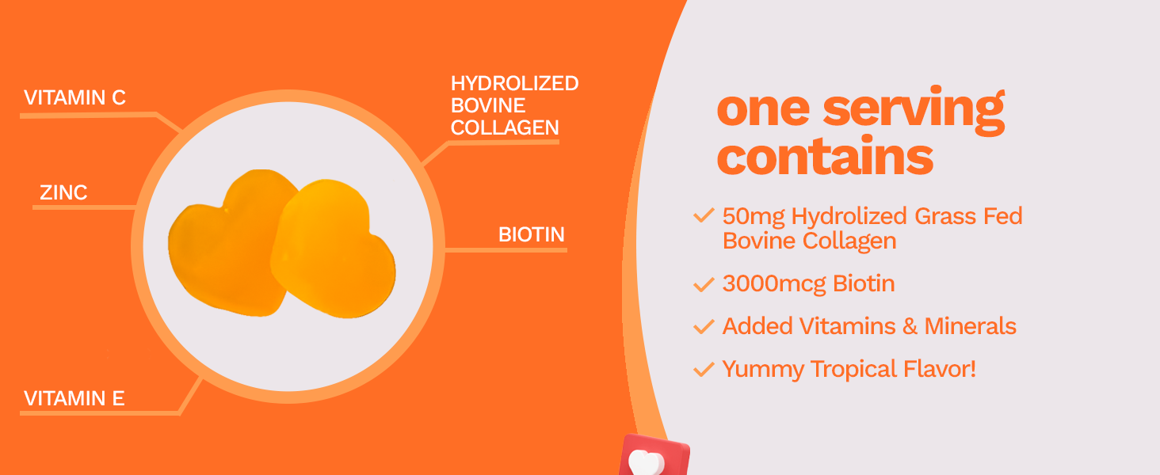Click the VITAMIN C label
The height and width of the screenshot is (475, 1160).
click(74, 98)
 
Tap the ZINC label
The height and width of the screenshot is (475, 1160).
click(63, 192)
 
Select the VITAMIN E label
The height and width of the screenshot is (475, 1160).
click(74, 398)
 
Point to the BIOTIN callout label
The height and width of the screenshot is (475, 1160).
click(532, 234)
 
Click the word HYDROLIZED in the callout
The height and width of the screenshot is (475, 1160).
click(514, 83)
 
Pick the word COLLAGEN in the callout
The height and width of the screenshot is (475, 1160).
click(505, 127)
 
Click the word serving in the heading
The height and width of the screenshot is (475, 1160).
click(914, 110)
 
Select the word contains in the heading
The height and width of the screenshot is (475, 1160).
click(825, 156)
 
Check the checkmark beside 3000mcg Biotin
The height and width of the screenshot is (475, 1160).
click(704, 284)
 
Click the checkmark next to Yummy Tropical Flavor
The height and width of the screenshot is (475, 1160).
click(704, 369)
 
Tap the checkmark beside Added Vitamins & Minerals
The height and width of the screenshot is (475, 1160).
click(704, 326)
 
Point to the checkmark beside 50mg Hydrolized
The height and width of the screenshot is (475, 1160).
click(704, 215)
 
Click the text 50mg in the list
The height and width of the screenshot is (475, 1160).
click(754, 217)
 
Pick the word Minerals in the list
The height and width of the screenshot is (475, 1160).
click(970, 326)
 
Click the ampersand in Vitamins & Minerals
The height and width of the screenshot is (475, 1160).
click(910, 326)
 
